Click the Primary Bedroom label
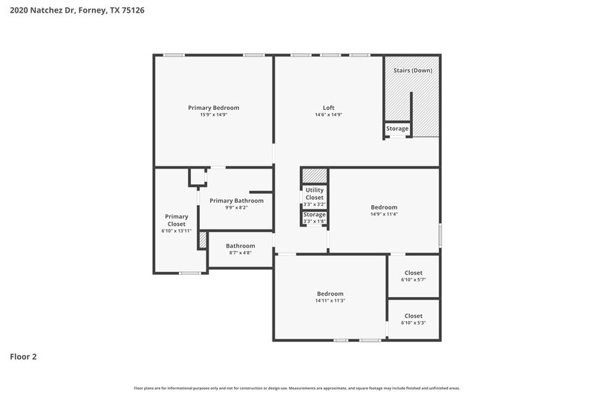coord(214,108)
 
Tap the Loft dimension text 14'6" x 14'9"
coord(328,115)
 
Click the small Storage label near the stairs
coord(397,129)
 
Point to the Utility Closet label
coord(315,193)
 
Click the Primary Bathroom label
coord(236,201)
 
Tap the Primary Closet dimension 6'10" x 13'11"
coord(176,231)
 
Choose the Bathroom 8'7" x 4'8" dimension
coord(241,253)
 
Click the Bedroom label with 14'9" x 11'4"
coord(384,207)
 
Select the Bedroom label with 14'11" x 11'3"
coord(330,293)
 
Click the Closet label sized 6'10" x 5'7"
coord(414,273)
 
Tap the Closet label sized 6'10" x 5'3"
coord(414,316)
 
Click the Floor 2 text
coord(23,357)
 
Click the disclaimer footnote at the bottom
coord(297,388)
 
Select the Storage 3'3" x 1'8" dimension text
coord(315,221)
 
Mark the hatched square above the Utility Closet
coord(315,175)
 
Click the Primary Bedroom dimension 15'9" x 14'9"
coord(214,115)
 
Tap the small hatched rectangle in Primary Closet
coord(201,241)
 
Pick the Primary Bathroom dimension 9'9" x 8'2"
coord(236,207)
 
